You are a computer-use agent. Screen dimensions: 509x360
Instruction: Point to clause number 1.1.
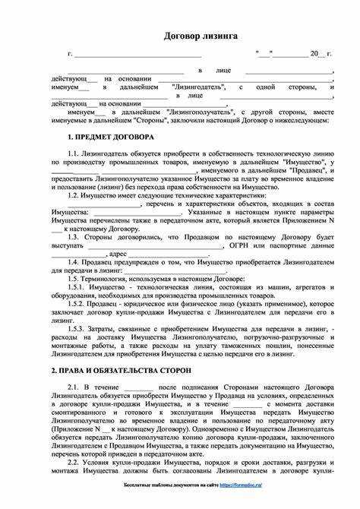(x=74, y=153)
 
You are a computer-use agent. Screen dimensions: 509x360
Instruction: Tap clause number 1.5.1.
(x=77, y=287)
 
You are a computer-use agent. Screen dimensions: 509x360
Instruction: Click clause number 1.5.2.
(x=77, y=304)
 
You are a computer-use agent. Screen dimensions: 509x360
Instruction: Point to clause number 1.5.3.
(x=77, y=328)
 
